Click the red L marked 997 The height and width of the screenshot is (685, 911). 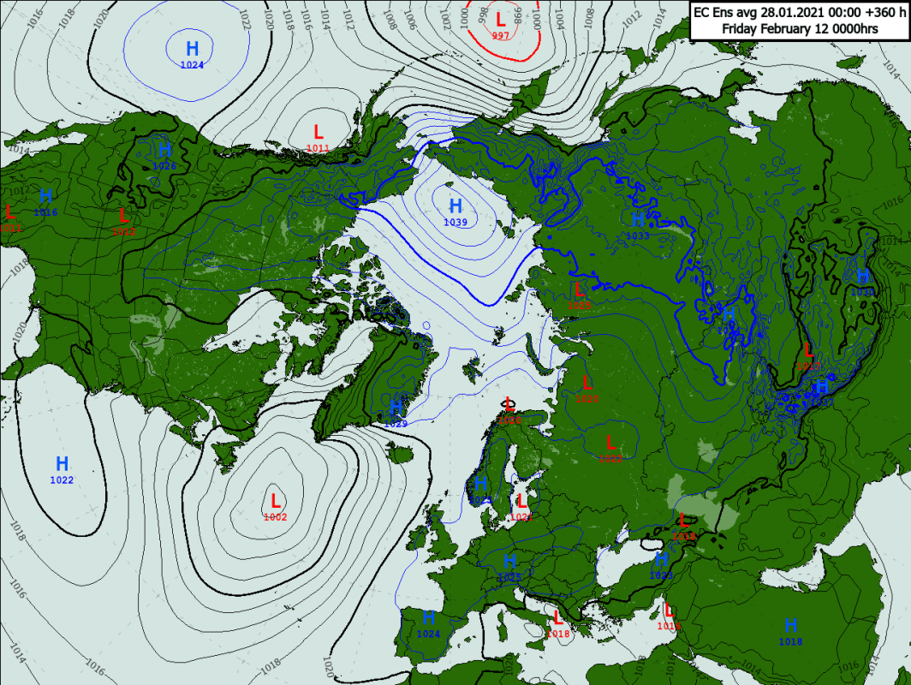point(501,18)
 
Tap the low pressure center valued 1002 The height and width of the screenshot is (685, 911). point(276,500)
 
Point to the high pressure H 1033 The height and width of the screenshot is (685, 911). point(638,220)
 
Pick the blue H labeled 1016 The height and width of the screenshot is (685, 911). point(46,196)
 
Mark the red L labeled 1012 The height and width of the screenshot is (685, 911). point(123,216)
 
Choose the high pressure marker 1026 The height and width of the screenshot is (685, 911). point(164,150)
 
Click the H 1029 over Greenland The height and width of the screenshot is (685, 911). point(396,406)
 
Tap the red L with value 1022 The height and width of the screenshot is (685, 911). point(610,443)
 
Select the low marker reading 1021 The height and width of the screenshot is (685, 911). point(521,501)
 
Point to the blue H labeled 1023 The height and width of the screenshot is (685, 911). point(661,560)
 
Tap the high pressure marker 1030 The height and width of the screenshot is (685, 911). point(862,276)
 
